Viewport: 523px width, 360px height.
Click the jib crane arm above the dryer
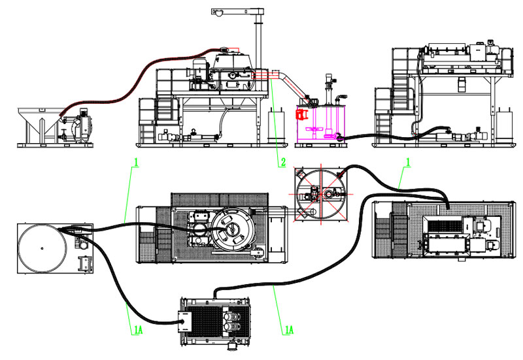pos(239,10)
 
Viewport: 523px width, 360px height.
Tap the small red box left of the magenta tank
pos(301,116)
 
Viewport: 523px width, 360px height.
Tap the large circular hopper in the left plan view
pos(43,248)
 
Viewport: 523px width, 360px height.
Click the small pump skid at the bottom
pos(216,322)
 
